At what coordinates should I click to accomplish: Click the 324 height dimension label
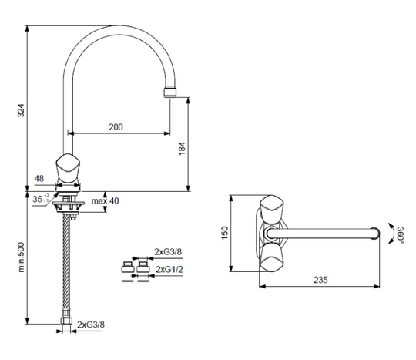point(21,110)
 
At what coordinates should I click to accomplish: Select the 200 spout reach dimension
point(116,127)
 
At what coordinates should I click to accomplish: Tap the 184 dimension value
point(182,149)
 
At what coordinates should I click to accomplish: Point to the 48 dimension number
point(39,178)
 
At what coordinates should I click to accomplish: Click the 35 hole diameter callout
point(40,199)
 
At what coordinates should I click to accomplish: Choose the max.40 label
point(105,201)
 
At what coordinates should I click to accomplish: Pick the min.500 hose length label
point(22,257)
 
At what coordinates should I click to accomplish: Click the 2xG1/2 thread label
point(169,270)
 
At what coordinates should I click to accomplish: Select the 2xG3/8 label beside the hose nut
point(91,325)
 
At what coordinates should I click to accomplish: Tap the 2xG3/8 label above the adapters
point(168,251)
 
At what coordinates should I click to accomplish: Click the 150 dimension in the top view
point(225,233)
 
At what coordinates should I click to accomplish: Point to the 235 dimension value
point(320,280)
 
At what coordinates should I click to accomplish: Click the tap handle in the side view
point(69,169)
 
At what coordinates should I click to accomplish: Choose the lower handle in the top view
point(272,257)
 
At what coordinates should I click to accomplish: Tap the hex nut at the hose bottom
point(66,321)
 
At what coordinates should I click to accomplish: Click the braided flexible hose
point(66,265)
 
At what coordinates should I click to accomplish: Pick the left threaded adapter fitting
point(128,267)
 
